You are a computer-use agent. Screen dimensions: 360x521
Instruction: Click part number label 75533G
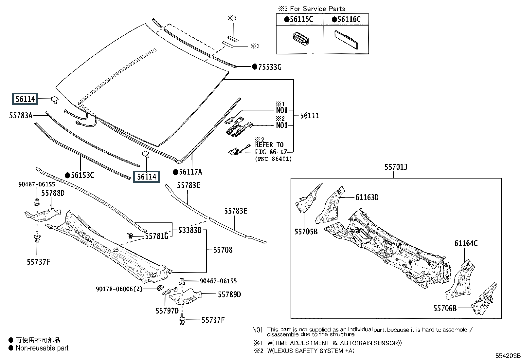pos(270,67)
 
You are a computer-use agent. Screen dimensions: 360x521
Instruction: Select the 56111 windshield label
pos(310,116)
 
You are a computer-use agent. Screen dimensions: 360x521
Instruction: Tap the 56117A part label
pos(190,172)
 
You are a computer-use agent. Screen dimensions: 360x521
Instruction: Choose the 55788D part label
pos(53,193)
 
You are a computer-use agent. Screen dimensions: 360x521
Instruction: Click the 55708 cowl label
pos(223,250)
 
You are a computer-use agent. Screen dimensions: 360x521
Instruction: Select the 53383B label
pos(190,230)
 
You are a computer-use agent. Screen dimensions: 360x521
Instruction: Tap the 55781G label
pos(157,236)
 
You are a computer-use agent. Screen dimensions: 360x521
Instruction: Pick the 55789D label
pos(229,294)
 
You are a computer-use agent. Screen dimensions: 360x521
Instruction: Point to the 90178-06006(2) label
pos(119,289)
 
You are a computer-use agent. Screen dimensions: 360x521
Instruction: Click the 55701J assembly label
pos(396,167)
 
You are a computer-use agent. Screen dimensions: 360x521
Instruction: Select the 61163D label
pos(367,198)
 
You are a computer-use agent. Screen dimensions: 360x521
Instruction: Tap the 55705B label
pos(306,232)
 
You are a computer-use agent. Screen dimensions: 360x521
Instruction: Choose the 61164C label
pos(466,243)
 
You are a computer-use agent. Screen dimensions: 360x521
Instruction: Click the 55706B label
pos(445,308)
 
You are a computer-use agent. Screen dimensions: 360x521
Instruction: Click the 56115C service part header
pos(301,20)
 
